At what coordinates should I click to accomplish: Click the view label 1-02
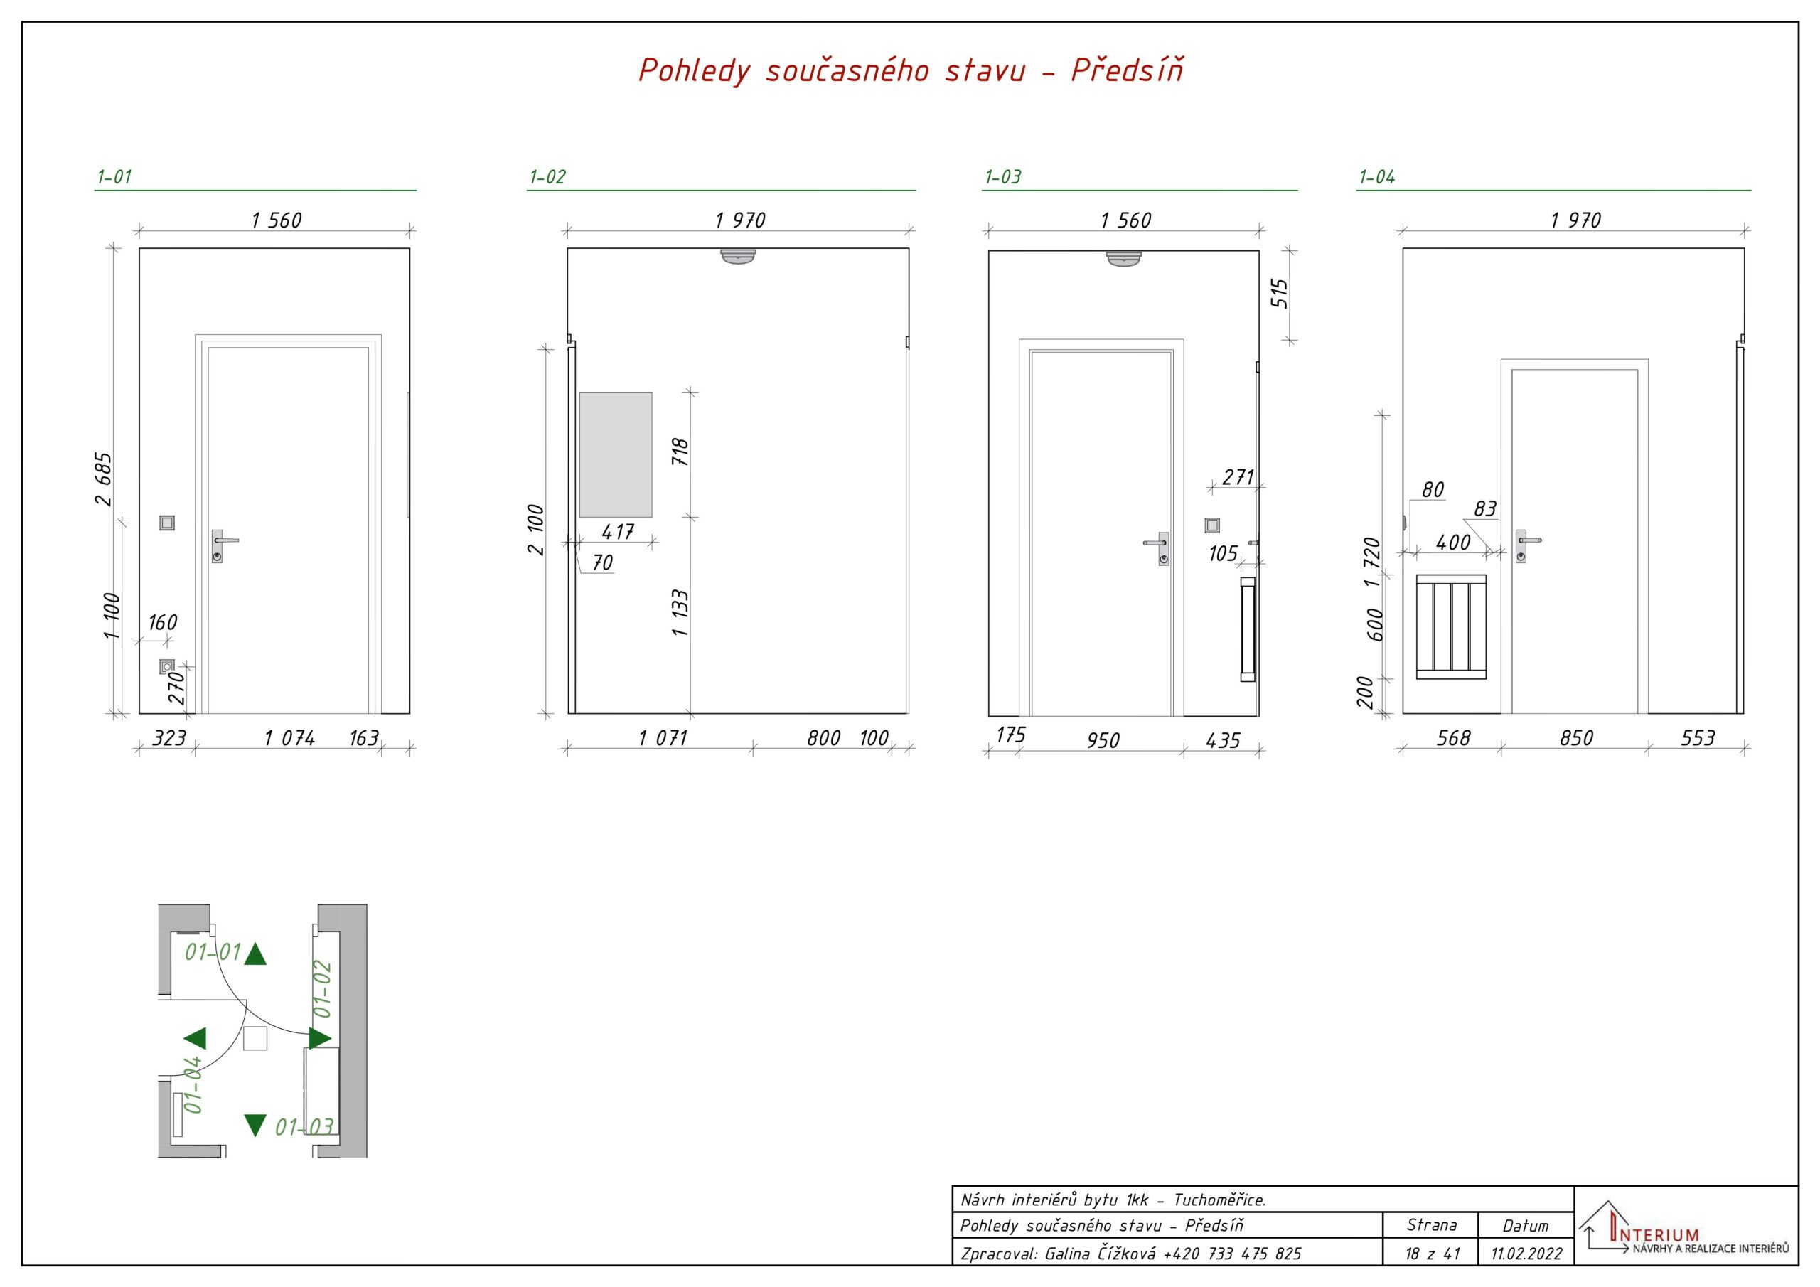[x=547, y=177]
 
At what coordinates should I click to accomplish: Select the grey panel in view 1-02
[x=615, y=454]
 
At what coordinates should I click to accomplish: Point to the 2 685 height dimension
[x=104, y=479]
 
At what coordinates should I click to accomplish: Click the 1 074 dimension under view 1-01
[x=289, y=738]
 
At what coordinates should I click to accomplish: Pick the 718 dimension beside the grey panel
[x=680, y=452]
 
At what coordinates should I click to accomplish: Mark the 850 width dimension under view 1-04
[x=1576, y=738]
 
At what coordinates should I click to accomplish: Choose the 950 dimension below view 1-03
[x=1103, y=741]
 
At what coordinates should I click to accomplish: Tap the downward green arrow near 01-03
[x=255, y=1125]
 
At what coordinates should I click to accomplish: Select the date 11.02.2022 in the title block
[x=1526, y=1254]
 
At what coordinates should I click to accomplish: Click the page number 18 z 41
[x=1432, y=1254]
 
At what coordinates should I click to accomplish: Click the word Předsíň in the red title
[x=1128, y=70]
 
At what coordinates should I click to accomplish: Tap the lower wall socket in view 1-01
[x=166, y=666]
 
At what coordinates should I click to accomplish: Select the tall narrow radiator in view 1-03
[x=1248, y=629]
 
